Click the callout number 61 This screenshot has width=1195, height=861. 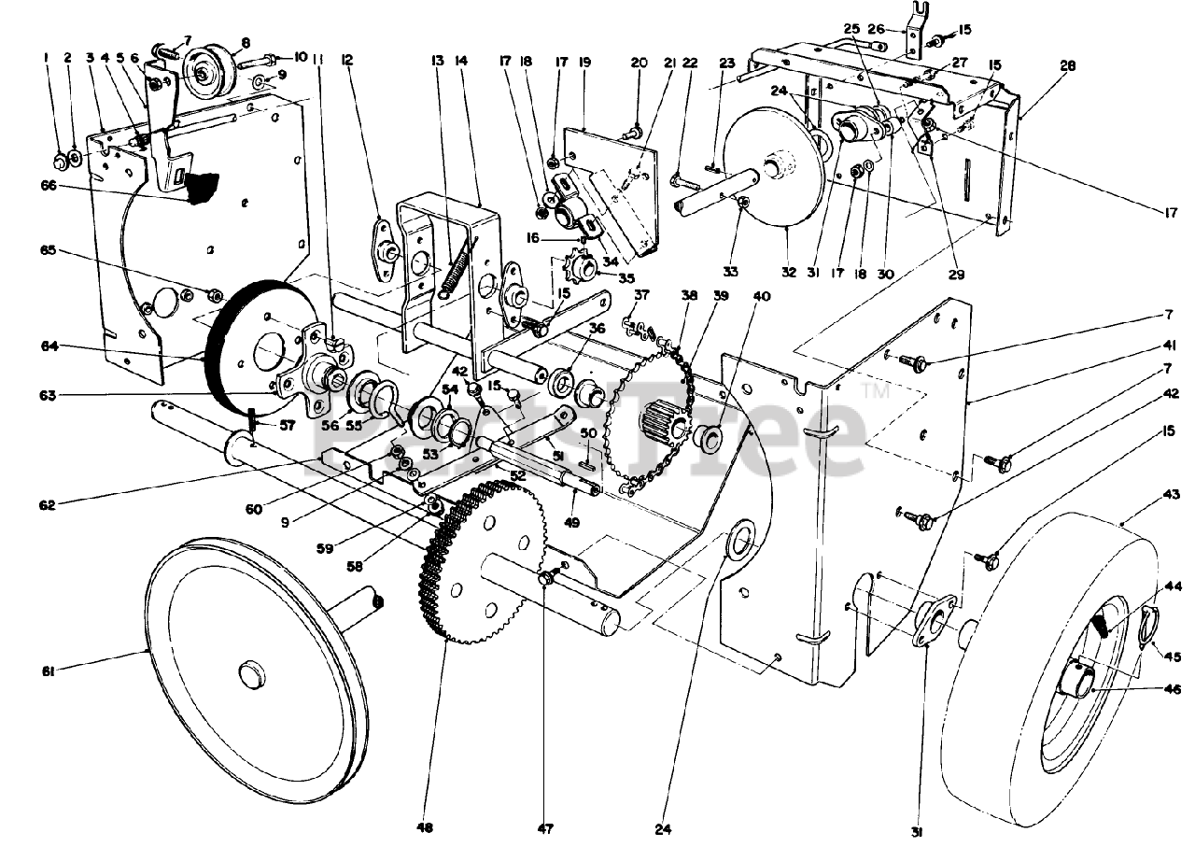point(48,671)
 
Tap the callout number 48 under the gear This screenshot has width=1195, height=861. point(427,826)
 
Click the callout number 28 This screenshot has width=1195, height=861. point(1069,66)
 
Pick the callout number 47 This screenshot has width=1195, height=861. point(544,826)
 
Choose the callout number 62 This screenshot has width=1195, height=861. point(48,505)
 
